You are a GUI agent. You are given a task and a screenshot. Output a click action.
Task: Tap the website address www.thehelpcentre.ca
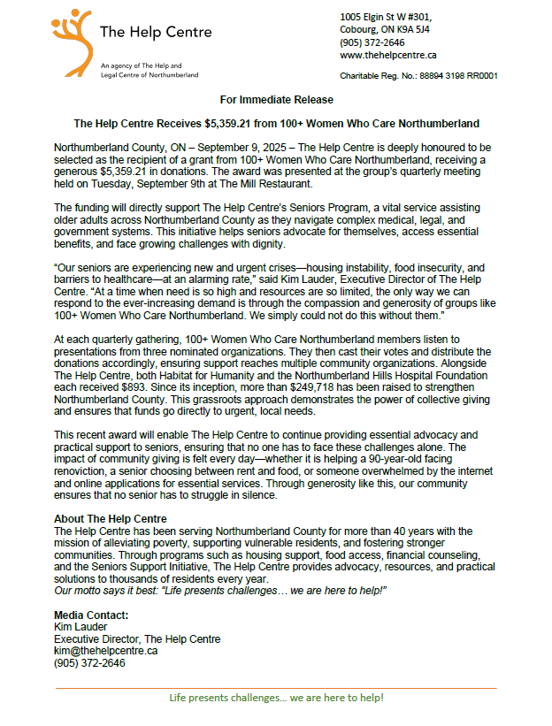pyautogui.click(x=387, y=55)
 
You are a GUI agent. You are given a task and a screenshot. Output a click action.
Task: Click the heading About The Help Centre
pyautogui.click(x=111, y=518)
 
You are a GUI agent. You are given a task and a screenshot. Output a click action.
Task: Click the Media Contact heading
pyautogui.click(x=91, y=615)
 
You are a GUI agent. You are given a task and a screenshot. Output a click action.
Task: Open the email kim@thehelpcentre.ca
pyautogui.click(x=106, y=650)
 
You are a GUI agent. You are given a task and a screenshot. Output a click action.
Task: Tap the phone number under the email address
pyautogui.click(x=89, y=662)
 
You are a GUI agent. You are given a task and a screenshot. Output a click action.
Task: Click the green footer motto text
pyautogui.click(x=276, y=698)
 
